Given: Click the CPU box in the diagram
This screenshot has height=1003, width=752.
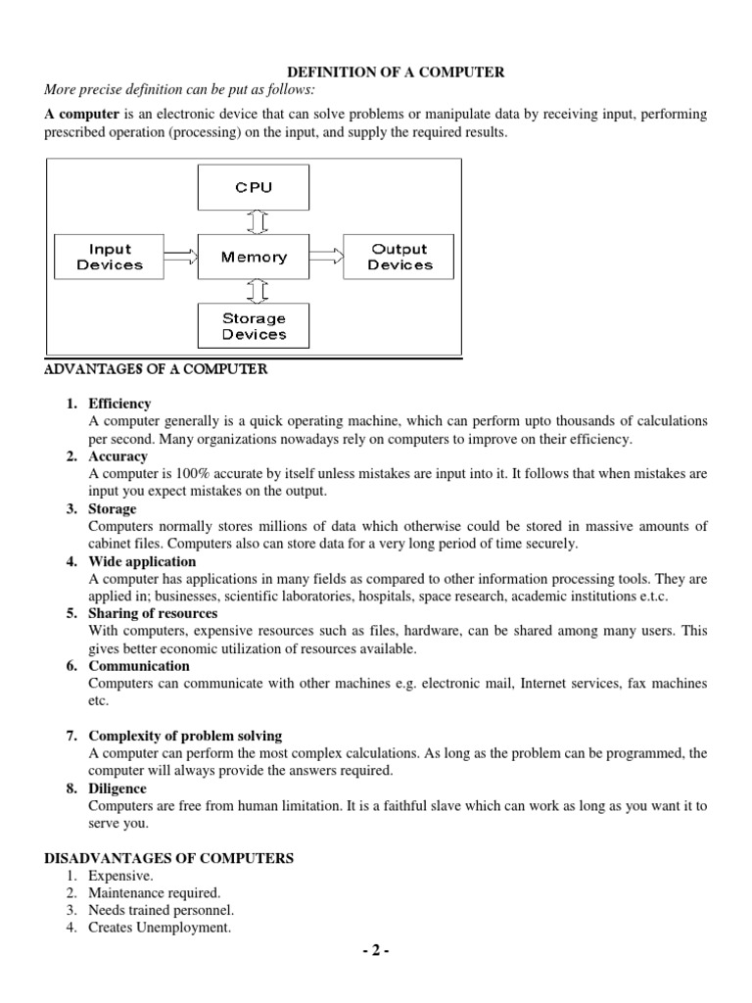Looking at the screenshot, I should [x=254, y=187].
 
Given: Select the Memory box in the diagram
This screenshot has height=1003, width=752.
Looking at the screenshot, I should [x=254, y=258].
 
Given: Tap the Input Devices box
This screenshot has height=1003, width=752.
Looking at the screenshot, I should [x=110, y=258].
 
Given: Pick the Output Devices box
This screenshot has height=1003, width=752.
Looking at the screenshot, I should [x=399, y=258].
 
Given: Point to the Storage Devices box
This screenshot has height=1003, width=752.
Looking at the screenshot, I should [x=254, y=326].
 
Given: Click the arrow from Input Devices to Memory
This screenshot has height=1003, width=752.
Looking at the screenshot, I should [x=181, y=258].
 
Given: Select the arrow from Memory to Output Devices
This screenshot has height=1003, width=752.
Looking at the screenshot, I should [x=326, y=258].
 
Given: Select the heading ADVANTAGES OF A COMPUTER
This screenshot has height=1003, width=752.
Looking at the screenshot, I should [x=156, y=369].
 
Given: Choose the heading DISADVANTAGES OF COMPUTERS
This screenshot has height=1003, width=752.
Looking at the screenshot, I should [x=169, y=858].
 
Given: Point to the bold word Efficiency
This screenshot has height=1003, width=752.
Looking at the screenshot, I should [x=119, y=404].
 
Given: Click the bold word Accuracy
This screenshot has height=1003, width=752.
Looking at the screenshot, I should [x=117, y=456].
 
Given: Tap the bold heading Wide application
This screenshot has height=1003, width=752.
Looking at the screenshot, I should [x=142, y=561].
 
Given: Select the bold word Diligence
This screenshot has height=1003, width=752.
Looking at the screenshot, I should [x=117, y=788].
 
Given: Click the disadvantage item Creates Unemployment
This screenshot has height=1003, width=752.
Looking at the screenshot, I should [x=159, y=929].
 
